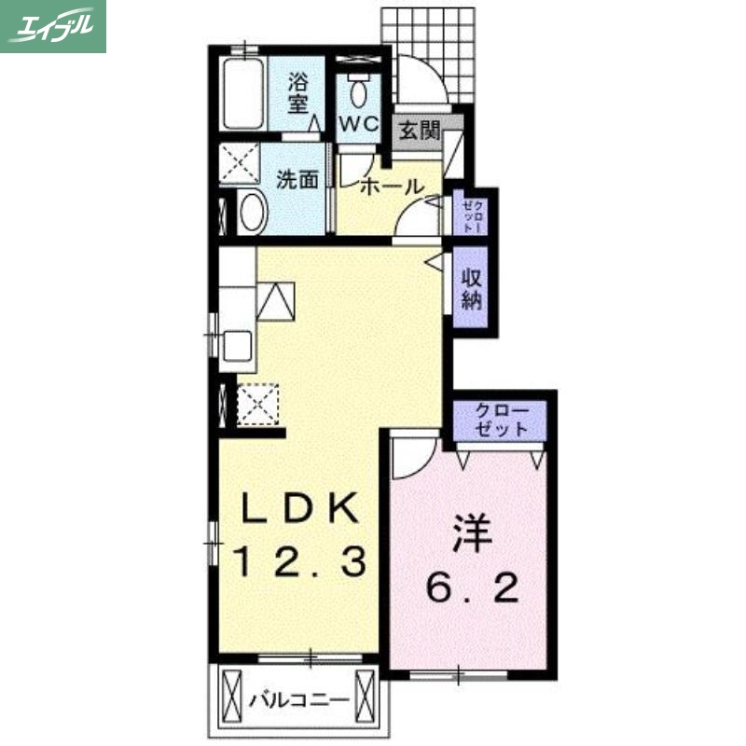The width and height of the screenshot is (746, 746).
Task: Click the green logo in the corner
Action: coord(53,26)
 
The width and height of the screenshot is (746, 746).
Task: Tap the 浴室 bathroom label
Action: coord(297,91)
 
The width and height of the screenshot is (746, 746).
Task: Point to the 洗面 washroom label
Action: coord(297,180)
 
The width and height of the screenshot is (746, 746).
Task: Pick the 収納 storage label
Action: coord(471,290)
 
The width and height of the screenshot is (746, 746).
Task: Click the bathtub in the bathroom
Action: coord(245,94)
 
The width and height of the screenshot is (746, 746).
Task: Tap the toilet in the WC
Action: coord(359,90)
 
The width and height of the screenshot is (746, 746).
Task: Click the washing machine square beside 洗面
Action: coord(240,166)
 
